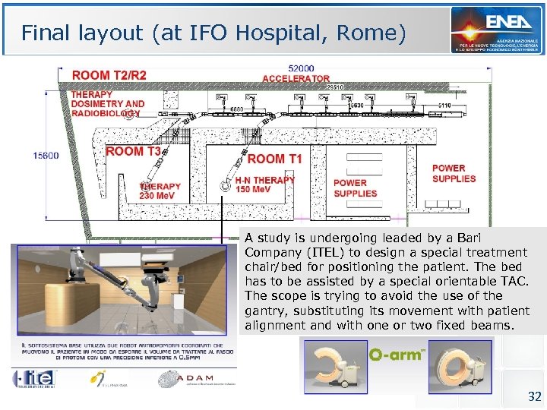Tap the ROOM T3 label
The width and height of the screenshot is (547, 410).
[133, 152]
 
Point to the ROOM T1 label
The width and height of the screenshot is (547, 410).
[274, 159]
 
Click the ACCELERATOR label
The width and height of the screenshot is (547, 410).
[296, 78]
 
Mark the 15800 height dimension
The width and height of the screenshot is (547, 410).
[46, 156]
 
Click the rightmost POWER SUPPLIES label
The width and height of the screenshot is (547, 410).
[454, 173]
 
